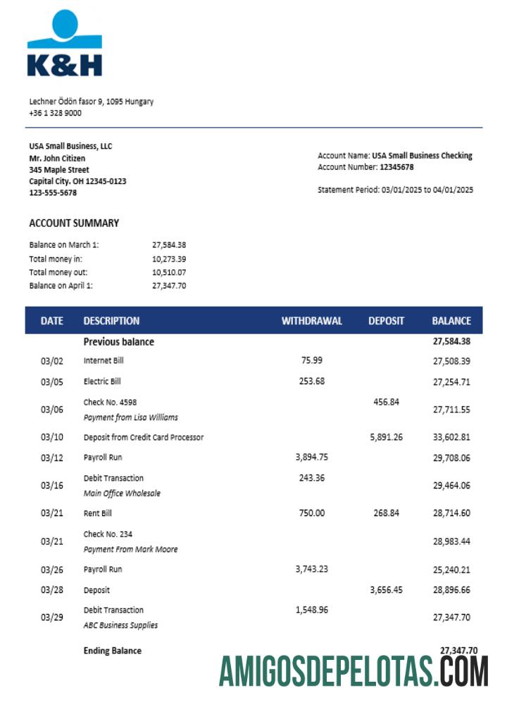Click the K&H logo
pyautogui.click(x=65, y=44)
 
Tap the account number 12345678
pyautogui.click(x=396, y=167)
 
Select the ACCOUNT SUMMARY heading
pyautogui.click(x=74, y=223)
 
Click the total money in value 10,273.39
pyautogui.click(x=169, y=259)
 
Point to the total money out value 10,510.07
pyautogui.click(x=169, y=272)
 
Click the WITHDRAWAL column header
pyautogui.click(x=311, y=321)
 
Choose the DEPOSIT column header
pyautogui.click(x=386, y=321)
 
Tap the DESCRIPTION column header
pyautogui.click(x=111, y=321)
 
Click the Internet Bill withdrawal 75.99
pyautogui.click(x=311, y=360)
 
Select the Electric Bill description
pyautogui.click(x=102, y=381)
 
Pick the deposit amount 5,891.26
pyautogui.click(x=386, y=437)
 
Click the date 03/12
pyautogui.click(x=51, y=458)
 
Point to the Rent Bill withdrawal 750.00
pyautogui.click(x=311, y=513)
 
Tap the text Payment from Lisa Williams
pyautogui.click(x=130, y=417)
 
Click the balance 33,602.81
pyautogui.click(x=451, y=437)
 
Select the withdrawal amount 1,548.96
pyautogui.click(x=311, y=610)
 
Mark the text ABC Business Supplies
pyautogui.click(x=120, y=625)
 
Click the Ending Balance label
pyautogui.click(x=112, y=651)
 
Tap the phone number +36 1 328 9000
pyautogui.click(x=55, y=113)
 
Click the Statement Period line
pyautogui.click(x=395, y=190)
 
